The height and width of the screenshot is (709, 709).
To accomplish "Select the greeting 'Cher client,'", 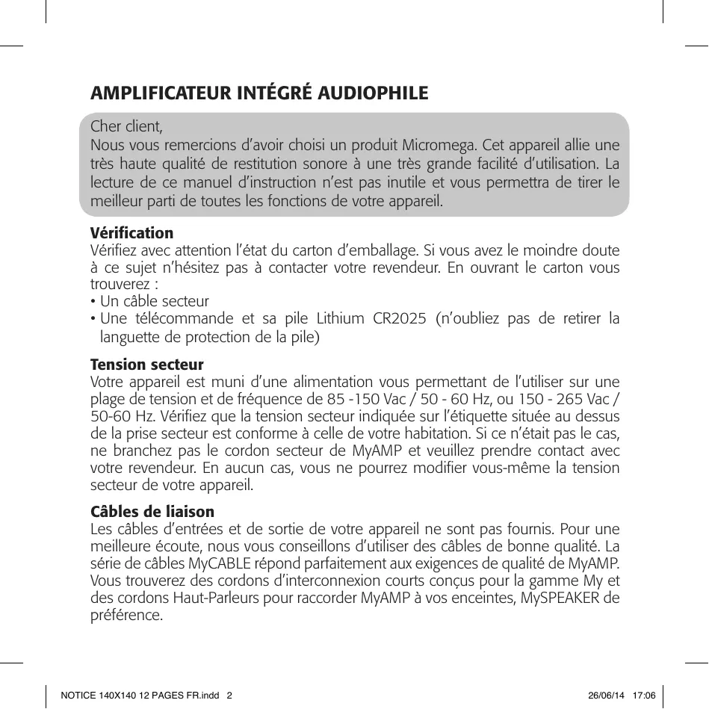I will (126, 125).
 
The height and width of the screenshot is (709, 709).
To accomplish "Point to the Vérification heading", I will (131, 233).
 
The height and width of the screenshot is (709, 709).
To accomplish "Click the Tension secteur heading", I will (147, 365).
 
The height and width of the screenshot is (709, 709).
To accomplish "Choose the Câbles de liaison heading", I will (152, 512).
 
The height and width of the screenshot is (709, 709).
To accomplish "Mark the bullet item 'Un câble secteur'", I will (155, 301).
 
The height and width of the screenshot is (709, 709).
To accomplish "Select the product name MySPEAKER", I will (563, 598).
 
